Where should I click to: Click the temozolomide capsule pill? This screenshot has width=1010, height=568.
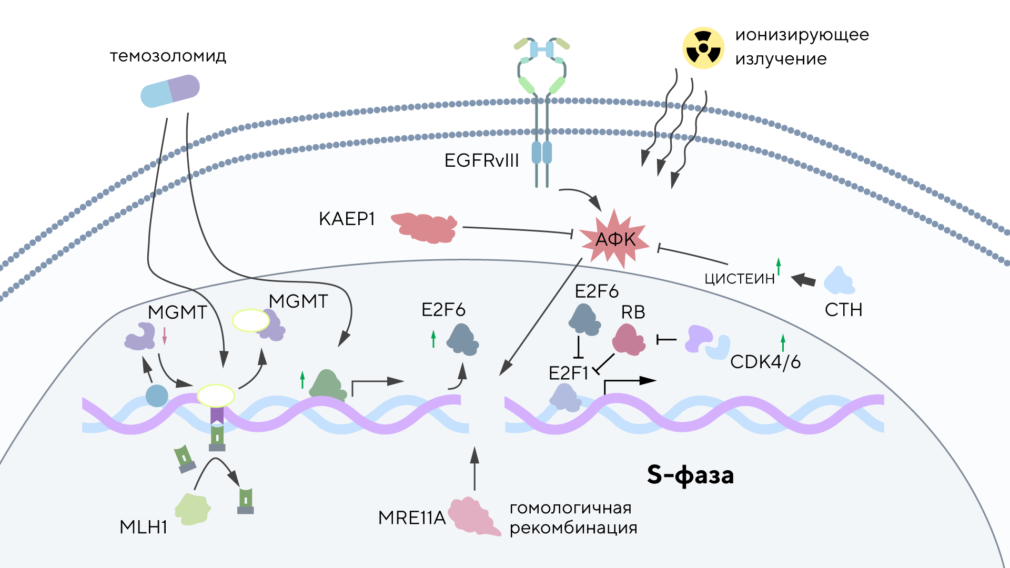pyautogui.click(x=170, y=91)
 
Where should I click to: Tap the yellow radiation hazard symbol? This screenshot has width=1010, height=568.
pyautogui.click(x=703, y=48)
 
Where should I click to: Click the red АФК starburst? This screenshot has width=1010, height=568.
pyautogui.click(x=614, y=239)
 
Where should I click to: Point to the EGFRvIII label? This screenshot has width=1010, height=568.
pyautogui.click(x=481, y=160)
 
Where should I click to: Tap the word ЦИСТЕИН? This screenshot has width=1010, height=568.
pyautogui.click(x=740, y=279)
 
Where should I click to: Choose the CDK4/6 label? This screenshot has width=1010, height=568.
pyautogui.click(x=765, y=362)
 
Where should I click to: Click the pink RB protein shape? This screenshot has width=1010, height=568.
pyautogui.click(x=629, y=339)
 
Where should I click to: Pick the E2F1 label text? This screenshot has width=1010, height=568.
pyautogui.click(x=568, y=373)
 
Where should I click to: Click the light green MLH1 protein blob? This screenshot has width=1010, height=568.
pyautogui.click(x=193, y=509)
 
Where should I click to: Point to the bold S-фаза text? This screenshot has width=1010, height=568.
pyautogui.click(x=690, y=475)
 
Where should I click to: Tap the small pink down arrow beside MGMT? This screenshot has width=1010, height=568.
pyautogui.click(x=165, y=336)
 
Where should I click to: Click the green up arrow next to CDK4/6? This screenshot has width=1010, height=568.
pyautogui.click(x=783, y=342)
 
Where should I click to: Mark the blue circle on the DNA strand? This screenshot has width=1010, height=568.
pyautogui.click(x=157, y=395)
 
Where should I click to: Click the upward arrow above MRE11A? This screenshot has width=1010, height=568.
pyautogui.click(x=474, y=468)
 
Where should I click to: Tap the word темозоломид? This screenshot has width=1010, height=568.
pyautogui.click(x=168, y=56)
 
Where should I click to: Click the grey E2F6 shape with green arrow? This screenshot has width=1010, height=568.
pyautogui.click(x=462, y=340)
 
